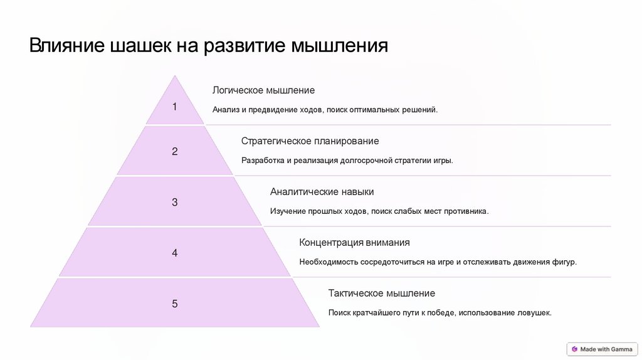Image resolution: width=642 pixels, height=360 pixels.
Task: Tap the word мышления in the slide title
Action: click(341, 46)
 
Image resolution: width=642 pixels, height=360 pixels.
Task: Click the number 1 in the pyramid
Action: click(175, 107)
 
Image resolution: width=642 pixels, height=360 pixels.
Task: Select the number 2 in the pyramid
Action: click(175, 151)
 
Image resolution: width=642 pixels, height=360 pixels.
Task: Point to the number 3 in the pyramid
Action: click(175, 203)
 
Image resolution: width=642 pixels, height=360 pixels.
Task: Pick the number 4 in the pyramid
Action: click(175, 253)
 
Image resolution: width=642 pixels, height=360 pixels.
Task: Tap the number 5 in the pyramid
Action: click(175, 304)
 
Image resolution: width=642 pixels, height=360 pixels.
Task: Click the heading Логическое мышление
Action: click(263, 90)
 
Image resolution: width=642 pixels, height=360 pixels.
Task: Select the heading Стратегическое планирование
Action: click(310, 141)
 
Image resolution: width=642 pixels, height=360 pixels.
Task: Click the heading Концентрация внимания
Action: click(354, 243)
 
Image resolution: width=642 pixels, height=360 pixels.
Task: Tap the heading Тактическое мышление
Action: click(381, 294)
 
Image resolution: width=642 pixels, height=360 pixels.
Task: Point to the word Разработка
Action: click(263, 161)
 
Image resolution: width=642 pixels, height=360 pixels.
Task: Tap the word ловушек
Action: click(534, 313)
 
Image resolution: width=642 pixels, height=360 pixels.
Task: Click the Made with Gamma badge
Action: click(601, 349)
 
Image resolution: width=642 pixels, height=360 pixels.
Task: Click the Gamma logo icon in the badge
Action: click(574, 349)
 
